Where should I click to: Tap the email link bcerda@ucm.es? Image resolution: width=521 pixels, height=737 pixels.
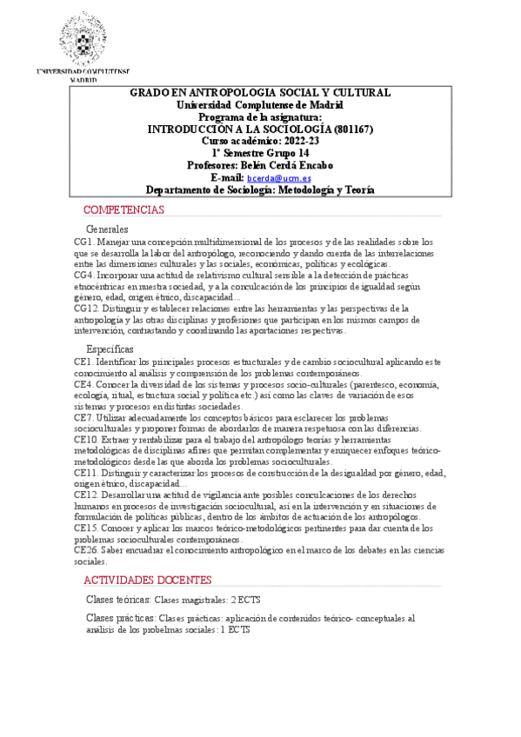(284, 177)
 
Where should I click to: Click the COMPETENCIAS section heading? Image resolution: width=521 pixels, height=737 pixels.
(123, 210)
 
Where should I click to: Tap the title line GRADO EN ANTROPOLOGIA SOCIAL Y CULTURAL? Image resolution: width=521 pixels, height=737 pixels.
(260, 92)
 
